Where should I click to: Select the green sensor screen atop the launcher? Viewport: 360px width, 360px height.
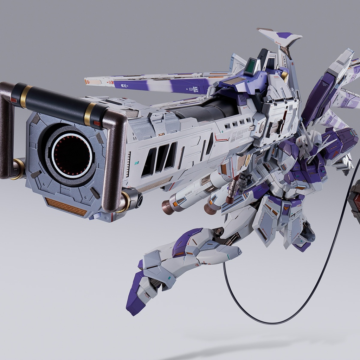(x=250, y=66)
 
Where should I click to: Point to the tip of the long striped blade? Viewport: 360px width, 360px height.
(x=87, y=82)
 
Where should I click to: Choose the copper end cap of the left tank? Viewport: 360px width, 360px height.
(x=168, y=208)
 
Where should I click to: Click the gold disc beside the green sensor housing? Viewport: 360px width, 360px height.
(x=284, y=76)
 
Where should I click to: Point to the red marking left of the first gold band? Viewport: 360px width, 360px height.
(x=14, y=100)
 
